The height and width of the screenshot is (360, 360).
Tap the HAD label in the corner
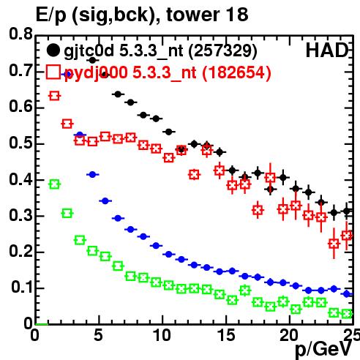(327, 50)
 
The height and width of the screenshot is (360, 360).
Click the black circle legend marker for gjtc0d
(53, 50)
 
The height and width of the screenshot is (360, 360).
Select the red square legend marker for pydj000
(53, 72)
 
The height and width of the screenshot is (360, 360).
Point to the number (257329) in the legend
(222, 51)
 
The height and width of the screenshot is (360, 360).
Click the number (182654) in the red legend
(236, 72)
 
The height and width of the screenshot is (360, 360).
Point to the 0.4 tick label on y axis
(21, 180)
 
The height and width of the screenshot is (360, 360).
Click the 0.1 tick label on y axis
(22, 288)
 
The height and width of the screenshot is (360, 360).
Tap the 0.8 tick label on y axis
(21, 34)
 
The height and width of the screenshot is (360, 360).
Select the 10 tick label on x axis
(162, 335)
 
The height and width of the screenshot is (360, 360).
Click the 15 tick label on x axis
(226, 335)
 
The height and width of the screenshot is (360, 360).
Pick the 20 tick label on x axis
(289, 335)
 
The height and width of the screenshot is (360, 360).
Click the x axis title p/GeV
(323, 350)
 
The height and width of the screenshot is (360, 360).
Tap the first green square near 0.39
(54, 184)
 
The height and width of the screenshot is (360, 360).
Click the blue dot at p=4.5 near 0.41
(92, 174)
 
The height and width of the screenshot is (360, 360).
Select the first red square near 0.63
(54, 96)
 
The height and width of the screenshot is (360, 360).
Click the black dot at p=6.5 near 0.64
(118, 94)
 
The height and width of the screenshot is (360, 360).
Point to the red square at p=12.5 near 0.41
(194, 175)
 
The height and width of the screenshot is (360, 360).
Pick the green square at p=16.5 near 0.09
(245, 290)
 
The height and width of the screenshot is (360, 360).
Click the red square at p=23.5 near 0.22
(334, 244)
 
